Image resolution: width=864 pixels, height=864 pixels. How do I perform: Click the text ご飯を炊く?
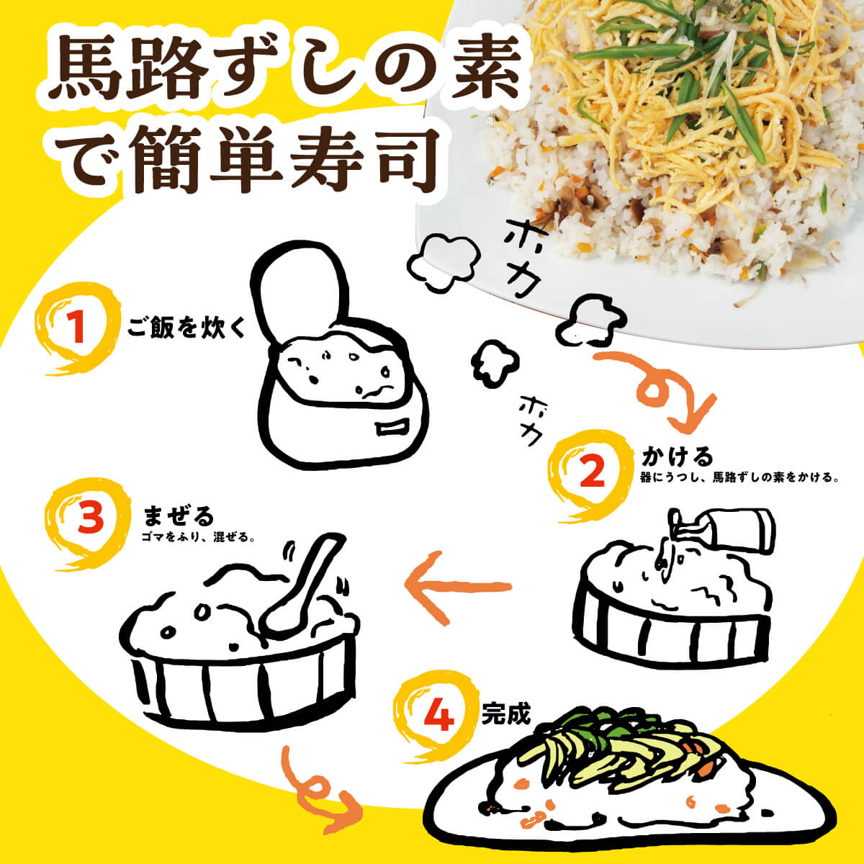(186, 328)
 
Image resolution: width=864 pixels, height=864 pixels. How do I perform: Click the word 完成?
(506, 714)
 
